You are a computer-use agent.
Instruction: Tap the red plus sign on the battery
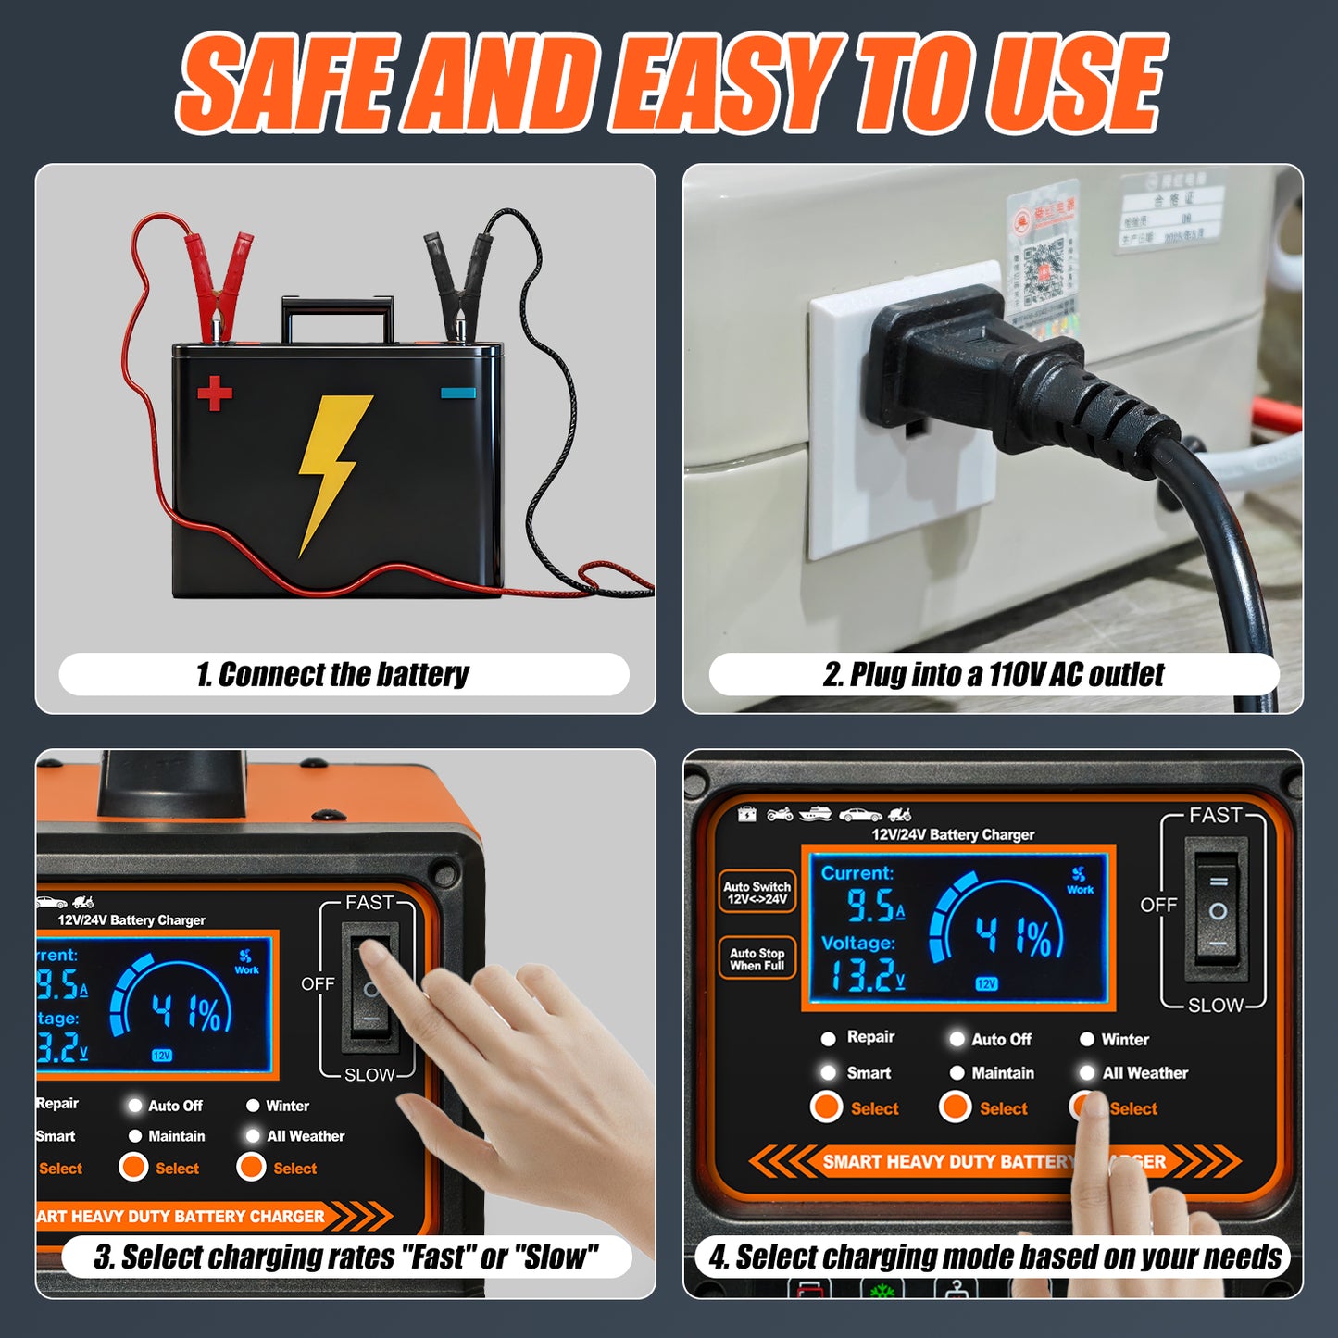[215, 394]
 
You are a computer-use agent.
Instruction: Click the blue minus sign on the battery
[458, 393]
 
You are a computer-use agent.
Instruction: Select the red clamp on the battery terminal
[219, 278]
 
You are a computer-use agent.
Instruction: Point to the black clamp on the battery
[460, 278]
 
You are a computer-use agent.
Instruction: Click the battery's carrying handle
[337, 315]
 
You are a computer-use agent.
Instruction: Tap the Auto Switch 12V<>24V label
[757, 893]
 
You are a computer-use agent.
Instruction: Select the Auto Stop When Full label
[757, 958]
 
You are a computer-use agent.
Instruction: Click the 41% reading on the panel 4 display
[1013, 937]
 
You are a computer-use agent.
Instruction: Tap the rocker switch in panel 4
[1218, 911]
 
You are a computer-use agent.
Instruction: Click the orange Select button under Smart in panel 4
[826, 1107]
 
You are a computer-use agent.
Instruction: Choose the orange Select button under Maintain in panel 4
[955, 1107]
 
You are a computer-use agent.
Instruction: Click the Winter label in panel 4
[1124, 1040]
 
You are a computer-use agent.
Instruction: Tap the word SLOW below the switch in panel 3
[369, 1075]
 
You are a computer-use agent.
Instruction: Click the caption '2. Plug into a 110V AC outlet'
[993, 674]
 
